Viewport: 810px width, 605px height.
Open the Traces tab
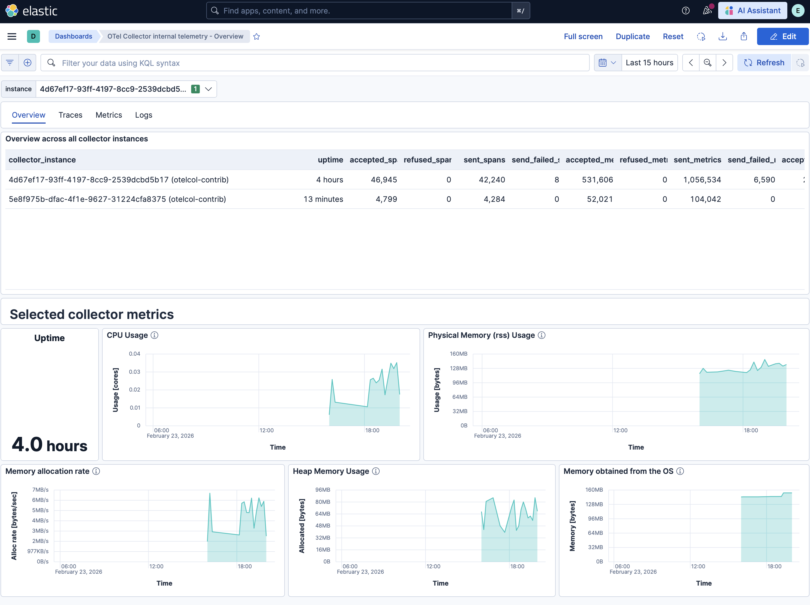click(70, 115)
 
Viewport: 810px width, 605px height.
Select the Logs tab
click(144, 115)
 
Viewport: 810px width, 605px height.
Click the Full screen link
click(583, 36)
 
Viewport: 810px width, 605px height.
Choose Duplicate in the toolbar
click(632, 36)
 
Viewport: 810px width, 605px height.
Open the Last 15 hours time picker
click(649, 63)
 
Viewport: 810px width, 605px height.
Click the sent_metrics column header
click(697, 159)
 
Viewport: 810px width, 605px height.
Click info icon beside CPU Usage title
click(154, 335)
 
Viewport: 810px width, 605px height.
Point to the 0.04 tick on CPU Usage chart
click(134, 354)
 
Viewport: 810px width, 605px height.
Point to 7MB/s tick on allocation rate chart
click(40, 490)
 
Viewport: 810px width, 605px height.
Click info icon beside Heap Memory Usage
click(376, 471)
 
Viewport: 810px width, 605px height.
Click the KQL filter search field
click(315, 63)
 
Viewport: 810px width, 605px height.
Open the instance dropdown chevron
click(208, 89)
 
